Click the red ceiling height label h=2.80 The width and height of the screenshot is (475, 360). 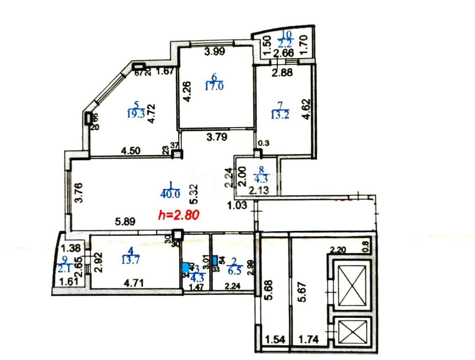tap(179, 214)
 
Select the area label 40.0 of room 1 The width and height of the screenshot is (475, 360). tap(170, 194)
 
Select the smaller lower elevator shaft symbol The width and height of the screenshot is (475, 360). tap(352, 332)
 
